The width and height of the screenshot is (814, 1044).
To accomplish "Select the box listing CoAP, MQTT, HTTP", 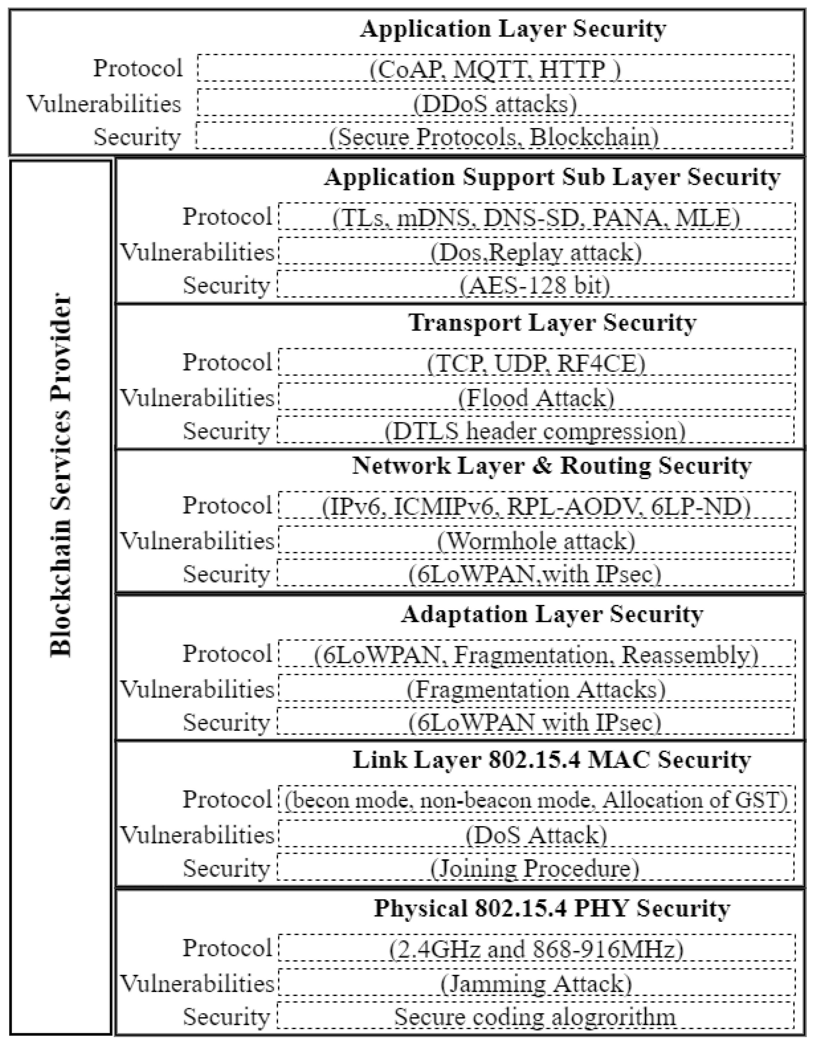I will (x=495, y=68).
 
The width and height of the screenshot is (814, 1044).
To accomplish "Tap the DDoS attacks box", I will (x=495, y=103).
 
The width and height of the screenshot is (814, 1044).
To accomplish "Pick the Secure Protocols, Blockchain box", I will (x=494, y=137).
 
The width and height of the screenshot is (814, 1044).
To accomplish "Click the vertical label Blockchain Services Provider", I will (x=61, y=476).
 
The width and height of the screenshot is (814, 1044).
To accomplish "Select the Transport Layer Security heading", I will (x=552, y=323).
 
